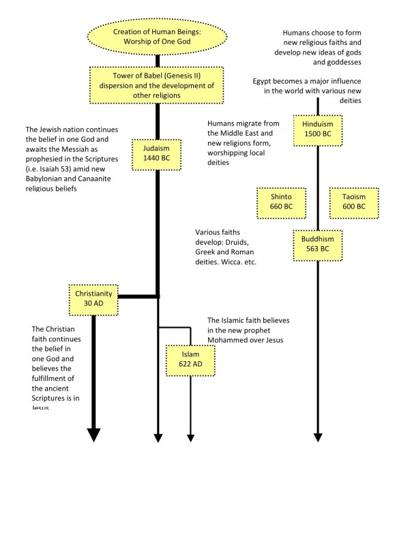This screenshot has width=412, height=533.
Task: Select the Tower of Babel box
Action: [159, 85]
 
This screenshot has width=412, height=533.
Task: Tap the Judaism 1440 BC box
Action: [158, 153]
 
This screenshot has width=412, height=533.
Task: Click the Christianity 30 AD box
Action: [93, 297]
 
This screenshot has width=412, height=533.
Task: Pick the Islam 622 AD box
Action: [190, 360]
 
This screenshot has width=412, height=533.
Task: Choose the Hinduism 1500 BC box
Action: [317, 127]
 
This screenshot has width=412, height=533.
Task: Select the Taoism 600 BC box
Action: [353, 201]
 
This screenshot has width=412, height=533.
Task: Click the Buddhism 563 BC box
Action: [317, 244]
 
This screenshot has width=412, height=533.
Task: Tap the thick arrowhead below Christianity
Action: [93, 434]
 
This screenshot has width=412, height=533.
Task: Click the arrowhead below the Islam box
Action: [190, 436]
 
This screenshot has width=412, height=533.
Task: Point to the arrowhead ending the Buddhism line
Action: [317, 436]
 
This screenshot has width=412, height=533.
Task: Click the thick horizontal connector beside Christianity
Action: [138, 297]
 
